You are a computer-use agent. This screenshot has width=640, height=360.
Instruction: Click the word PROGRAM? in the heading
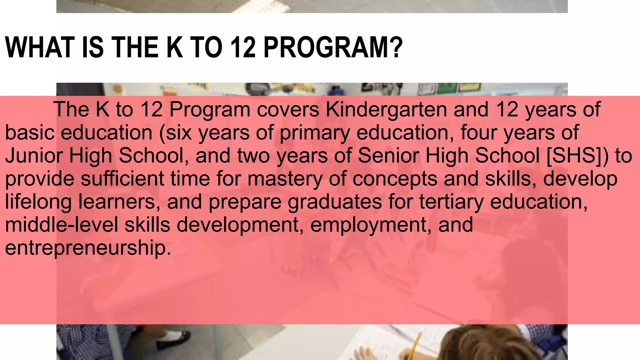(x=333, y=47)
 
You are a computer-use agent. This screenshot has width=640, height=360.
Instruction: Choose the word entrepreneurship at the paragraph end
(x=88, y=248)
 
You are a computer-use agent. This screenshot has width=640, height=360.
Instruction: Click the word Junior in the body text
(x=34, y=156)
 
